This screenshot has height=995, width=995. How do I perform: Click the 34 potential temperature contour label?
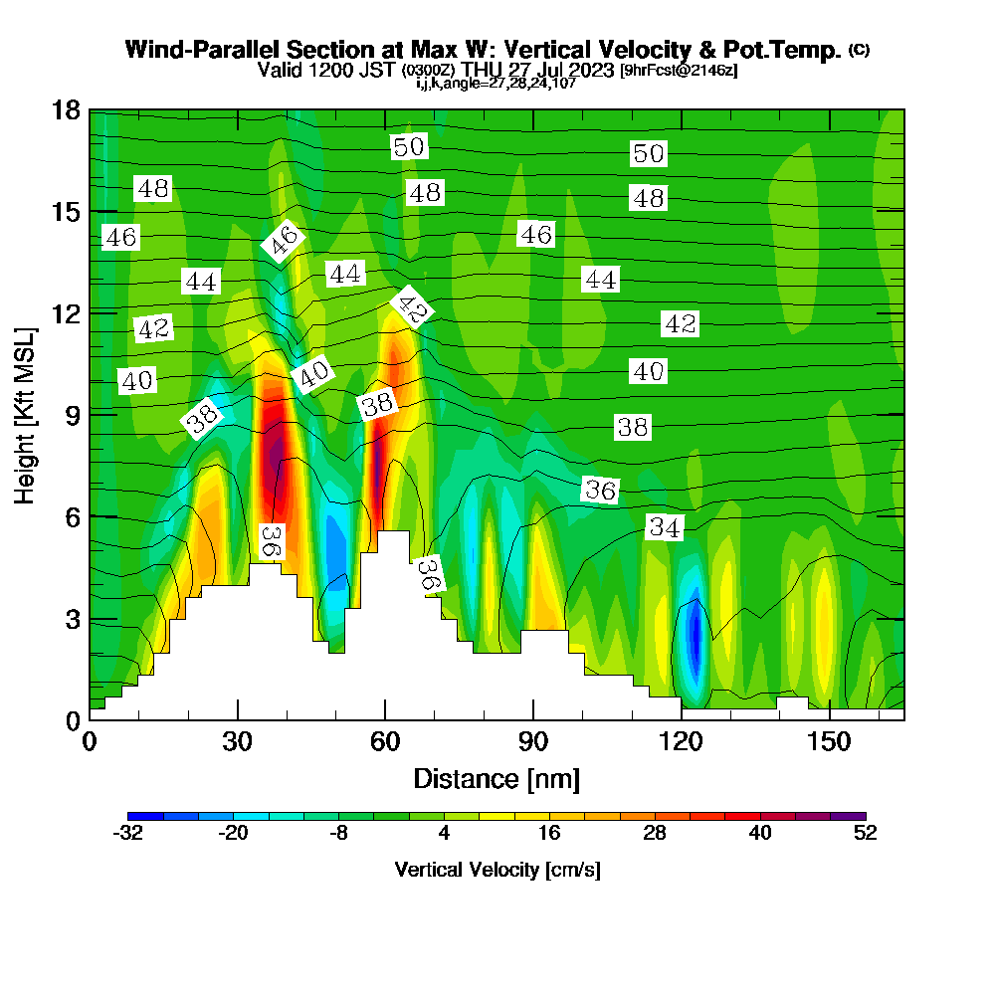pyautogui.click(x=665, y=528)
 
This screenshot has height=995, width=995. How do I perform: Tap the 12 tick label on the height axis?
pyautogui.click(x=67, y=312)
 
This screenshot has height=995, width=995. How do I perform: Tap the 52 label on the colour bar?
pyautogui.click(x=866, y=834)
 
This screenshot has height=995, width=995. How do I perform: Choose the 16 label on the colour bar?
pyautogui.click(x=549, y=834)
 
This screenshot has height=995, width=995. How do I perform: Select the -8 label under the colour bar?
pyautogui.click(x=338, y=834)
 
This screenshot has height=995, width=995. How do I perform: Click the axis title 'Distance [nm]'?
pyautogui.click(x=497, y=778)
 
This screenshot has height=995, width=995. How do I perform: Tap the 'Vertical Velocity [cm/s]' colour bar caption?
pyautogui.click(x=497, y=870)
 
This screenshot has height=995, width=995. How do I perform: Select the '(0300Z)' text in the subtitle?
pyautogui.click(x=429, y=71)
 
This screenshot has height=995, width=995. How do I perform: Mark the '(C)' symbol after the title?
pyautogui.click(x=859, y=50)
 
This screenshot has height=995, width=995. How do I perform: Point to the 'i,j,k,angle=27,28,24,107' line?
pyautogui.click(x=497, y=83)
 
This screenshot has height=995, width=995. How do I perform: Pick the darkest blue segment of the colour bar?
pyautogui.click(x=145, y=816)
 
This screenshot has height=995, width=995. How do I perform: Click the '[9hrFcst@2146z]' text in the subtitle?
pyautogui.click(x=678, y=71)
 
